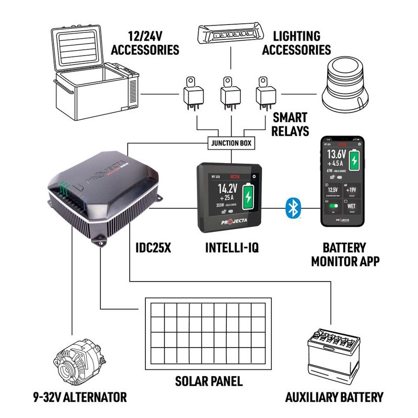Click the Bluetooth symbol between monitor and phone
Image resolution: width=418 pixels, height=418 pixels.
point(292,208)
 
